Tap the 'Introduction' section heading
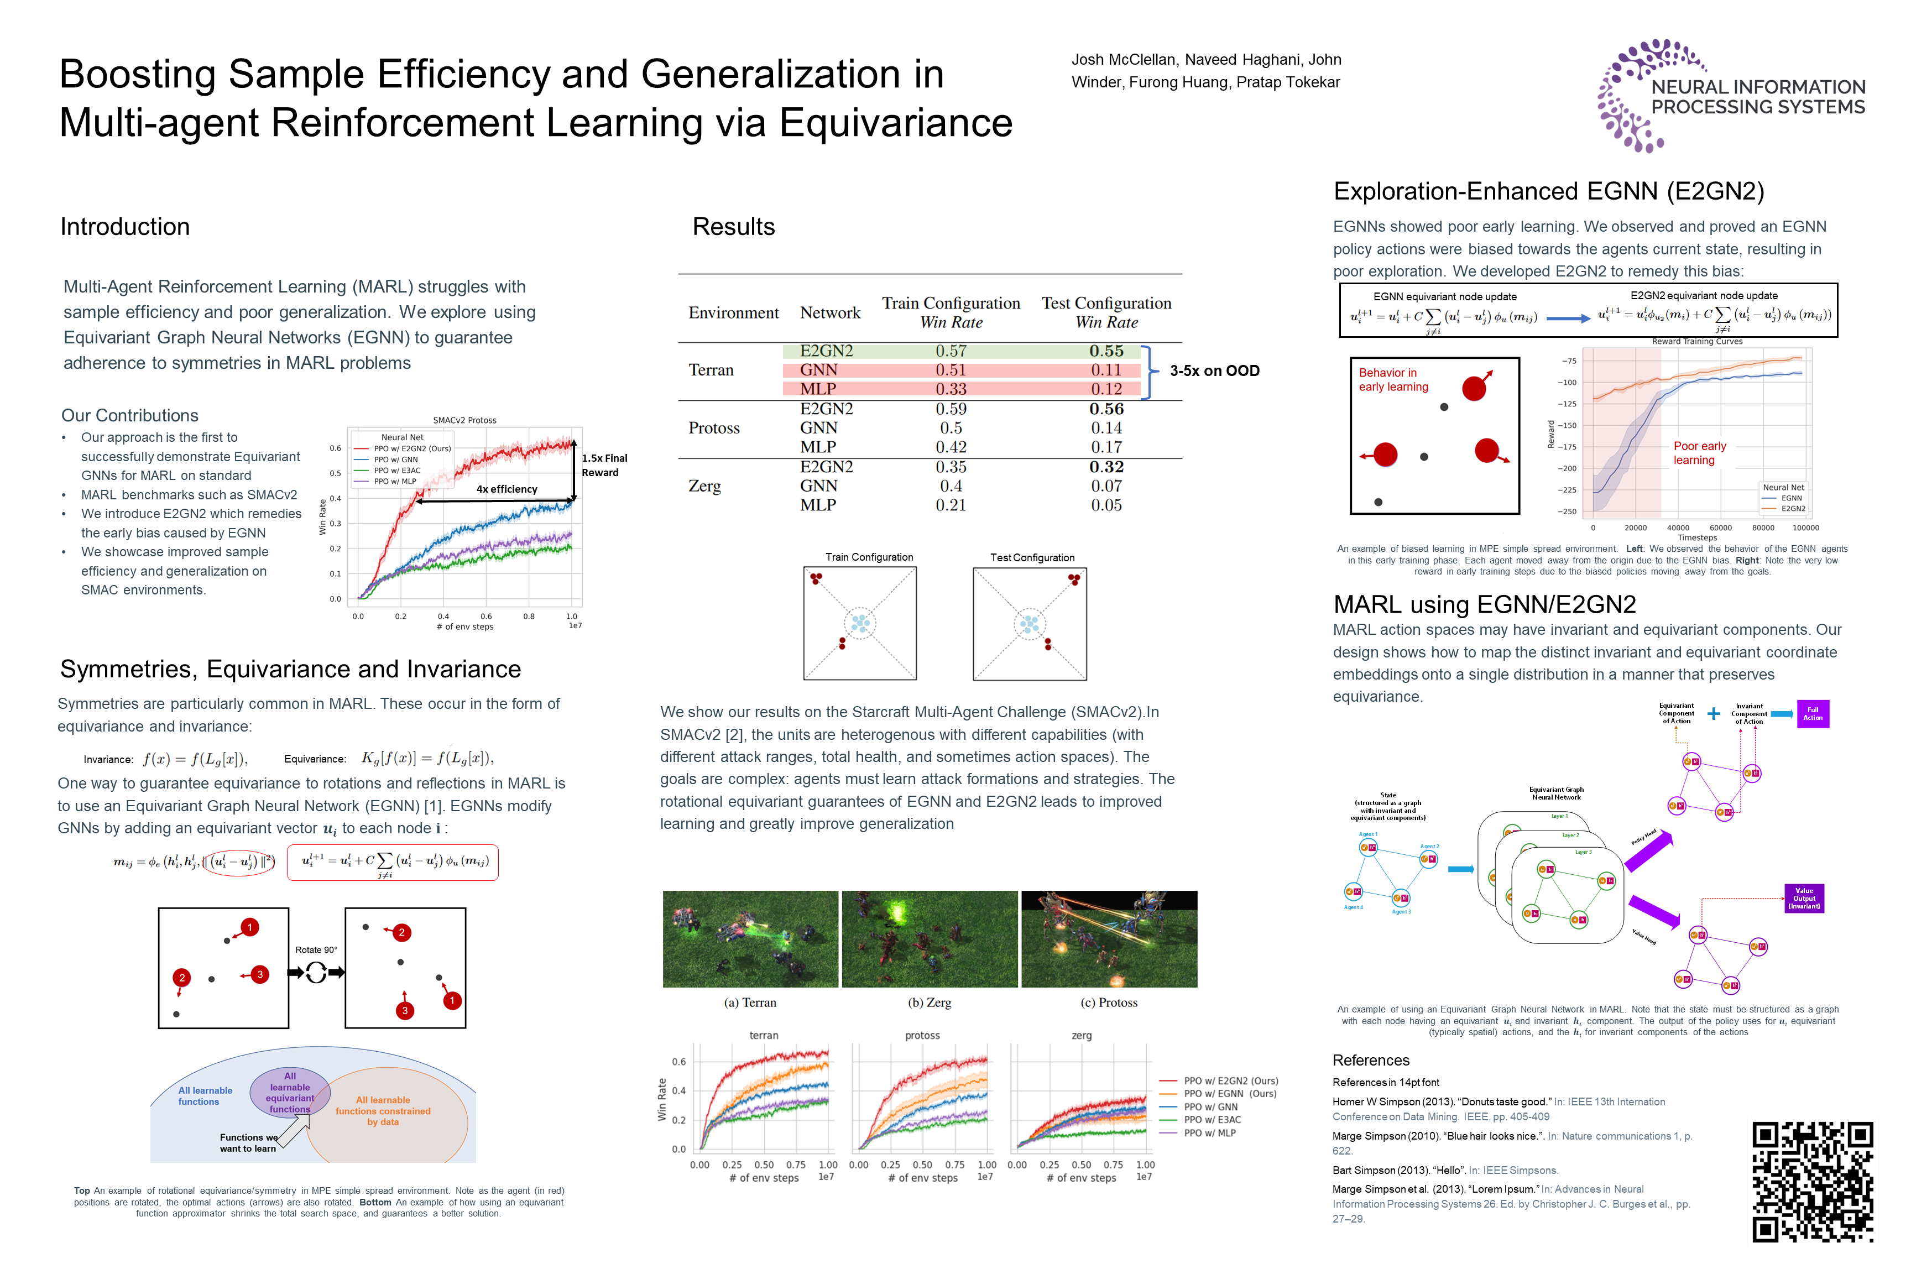[x=125, y=227]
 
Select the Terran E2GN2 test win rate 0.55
[x=1106, y=351]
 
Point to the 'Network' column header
[x=829, y=313]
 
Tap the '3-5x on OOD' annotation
[x=1214, y=370]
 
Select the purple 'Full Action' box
[x=1812, y=713]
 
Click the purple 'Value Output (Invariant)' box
[x=1803, y=899]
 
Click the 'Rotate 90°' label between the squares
[x=316, y=950]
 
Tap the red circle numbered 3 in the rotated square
[x=405, y=1011]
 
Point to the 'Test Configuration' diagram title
[x=1032, y=557]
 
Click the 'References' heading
[x=1371, y=1061]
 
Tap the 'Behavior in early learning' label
[x=1393, y=379]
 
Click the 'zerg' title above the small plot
[x=1082, y=1035]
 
